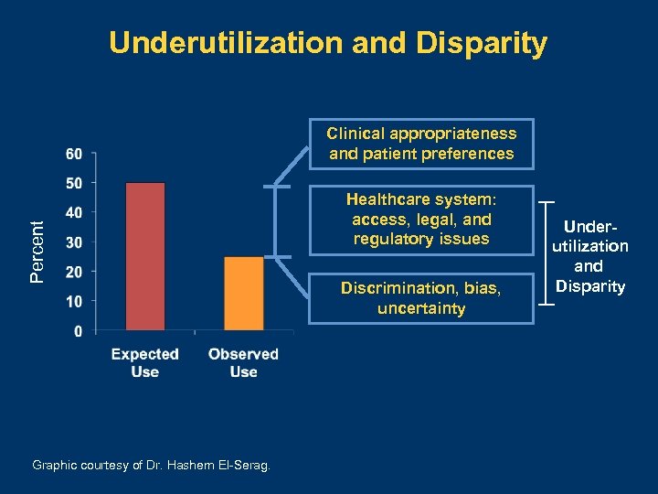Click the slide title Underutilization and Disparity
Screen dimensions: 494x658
(x=328, y=43)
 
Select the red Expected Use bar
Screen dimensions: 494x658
(x=145, y=256)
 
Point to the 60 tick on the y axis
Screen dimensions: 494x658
(x=76, y=153)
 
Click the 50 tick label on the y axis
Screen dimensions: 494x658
(x=76, y=183)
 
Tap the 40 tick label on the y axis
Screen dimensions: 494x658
(x=76, y=212)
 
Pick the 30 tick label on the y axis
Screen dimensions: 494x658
(x=76, y=242)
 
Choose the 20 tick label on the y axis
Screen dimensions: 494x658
(x=76, y=272)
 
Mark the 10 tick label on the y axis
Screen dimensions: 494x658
(x=76, y=301)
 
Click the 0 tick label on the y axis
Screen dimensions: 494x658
(x=80, y=330)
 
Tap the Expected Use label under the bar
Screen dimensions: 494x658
(x=144, y=362)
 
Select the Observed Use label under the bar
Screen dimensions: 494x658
(x=243, y=362)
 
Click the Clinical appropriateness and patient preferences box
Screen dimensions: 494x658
(x=421, y=144)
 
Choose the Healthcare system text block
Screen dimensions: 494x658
(x=421, y=220)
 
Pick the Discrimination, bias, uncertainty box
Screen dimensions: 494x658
(x=421, y=298)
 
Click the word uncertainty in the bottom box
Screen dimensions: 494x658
(x=421, y=309)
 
